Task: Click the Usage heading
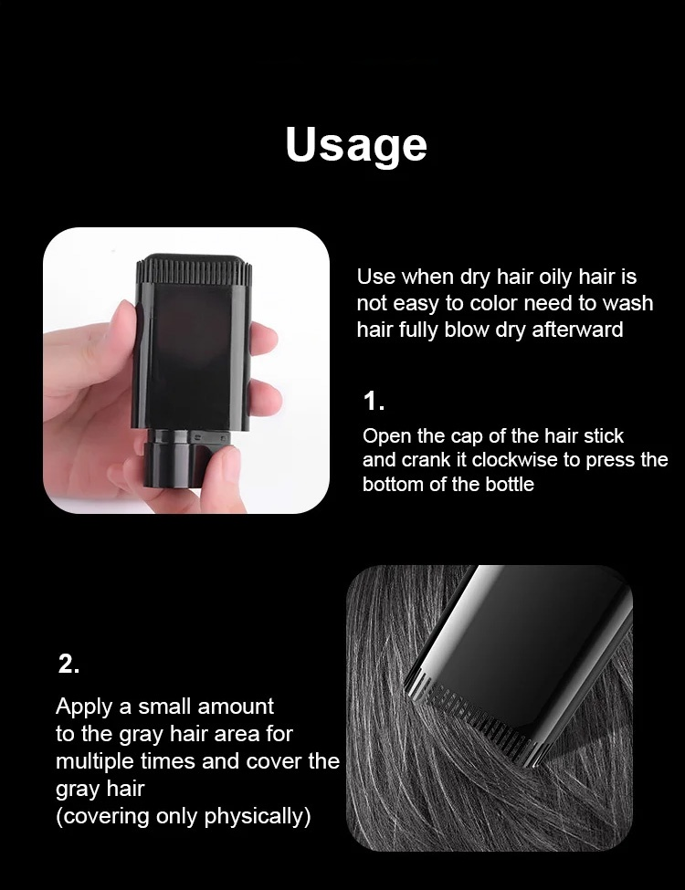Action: point(356,144)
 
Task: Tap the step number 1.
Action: point(374,402)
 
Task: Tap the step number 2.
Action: point(68,664)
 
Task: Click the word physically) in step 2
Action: point(258,816)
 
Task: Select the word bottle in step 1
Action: point(510,485)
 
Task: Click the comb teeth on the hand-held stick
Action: point(194,269)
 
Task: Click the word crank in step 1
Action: point(435,460)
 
